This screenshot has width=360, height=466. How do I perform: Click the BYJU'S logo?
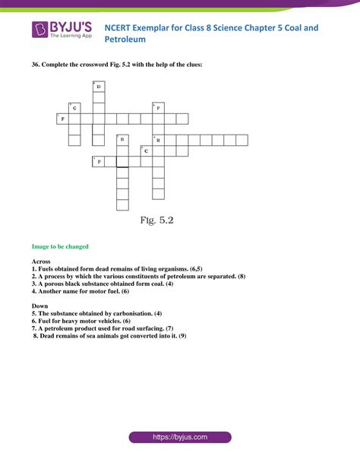coord(62,30)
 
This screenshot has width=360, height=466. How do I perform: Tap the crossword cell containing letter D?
coord(98,87)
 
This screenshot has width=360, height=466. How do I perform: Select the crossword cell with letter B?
coord(122,140)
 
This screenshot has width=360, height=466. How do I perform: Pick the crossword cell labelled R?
coord(158,140)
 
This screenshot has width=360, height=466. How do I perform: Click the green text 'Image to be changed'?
coord(60,246)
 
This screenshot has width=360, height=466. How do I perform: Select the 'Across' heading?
coord(41,262)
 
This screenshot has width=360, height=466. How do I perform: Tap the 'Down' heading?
coord(39,306)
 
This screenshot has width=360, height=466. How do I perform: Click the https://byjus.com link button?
coord(179,439)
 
